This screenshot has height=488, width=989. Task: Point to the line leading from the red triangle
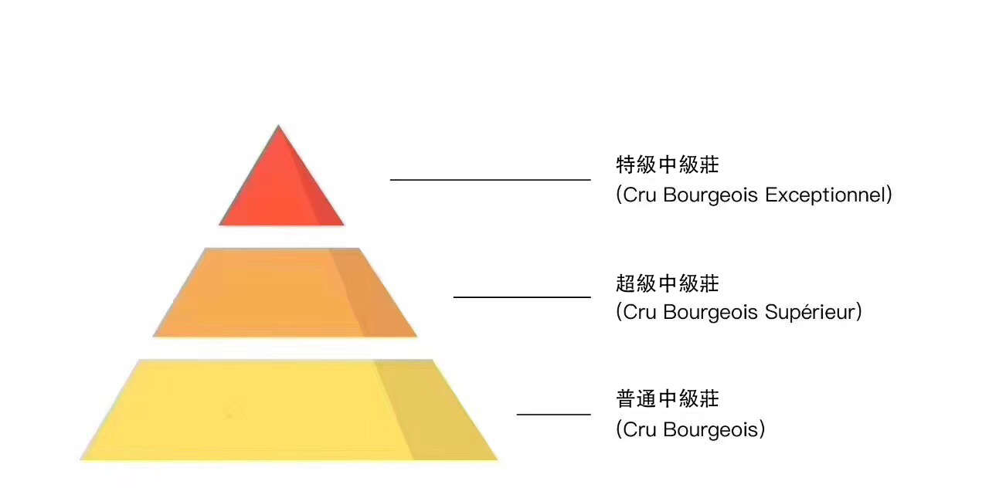pyautogui.click(x=490, y=180)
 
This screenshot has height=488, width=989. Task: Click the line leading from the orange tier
pyautogui.click(x=522, y=297)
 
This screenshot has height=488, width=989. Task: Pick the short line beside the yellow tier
pyautogui.click(x=553, y=415)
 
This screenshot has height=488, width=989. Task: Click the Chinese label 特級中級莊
pyautogui.click(x=668, y=165)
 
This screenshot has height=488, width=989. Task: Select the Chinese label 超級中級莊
pyautogui.click(x=668, y=283)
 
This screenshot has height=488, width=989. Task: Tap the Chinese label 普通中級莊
pyautogui.click(x=668, y=399)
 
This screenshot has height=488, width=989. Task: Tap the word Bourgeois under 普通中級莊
pyautogui.click(x=710, y=429)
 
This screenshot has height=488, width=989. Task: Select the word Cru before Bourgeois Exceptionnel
pyautogui.click(x=639, y=195)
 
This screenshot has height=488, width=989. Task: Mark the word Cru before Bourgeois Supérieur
pyautogui.click(x=639, y=313)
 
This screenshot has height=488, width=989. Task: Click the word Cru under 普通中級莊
pyautogui.click(x=639, y=429)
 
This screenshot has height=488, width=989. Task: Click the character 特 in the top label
pyautogui.click(x=625, y=165)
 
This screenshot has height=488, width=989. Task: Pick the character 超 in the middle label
pyautogui.click(x=625, y=283)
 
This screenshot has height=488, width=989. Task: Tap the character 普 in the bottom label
pyautogui.click(x=625, y=399)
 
